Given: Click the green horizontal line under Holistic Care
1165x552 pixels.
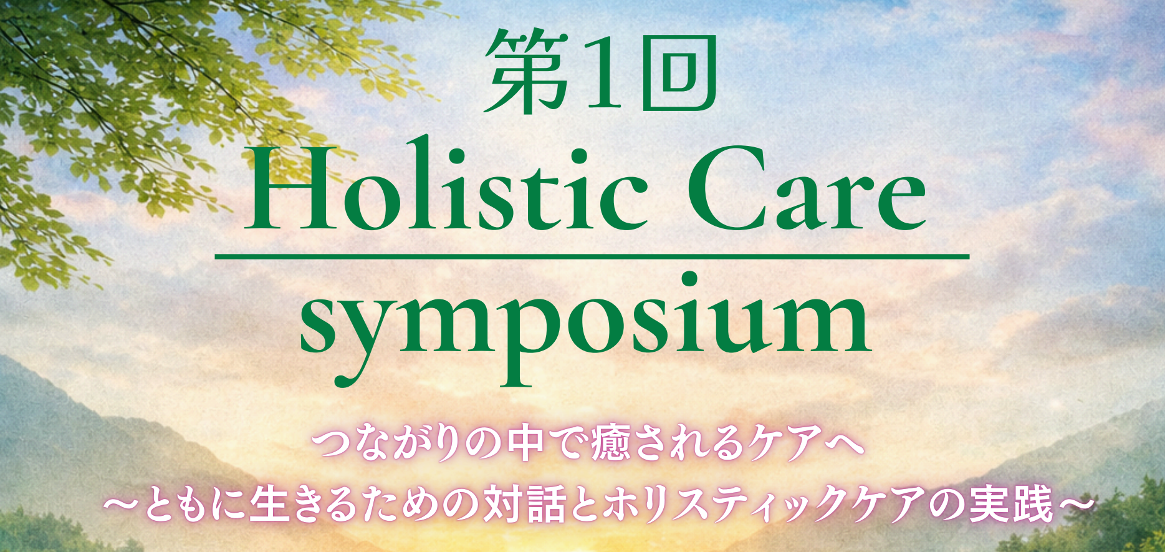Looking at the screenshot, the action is (x=592, y=256).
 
